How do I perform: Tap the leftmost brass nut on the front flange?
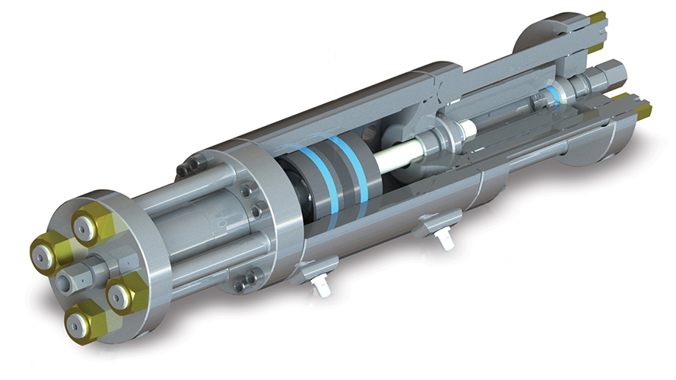coord(47,255)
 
